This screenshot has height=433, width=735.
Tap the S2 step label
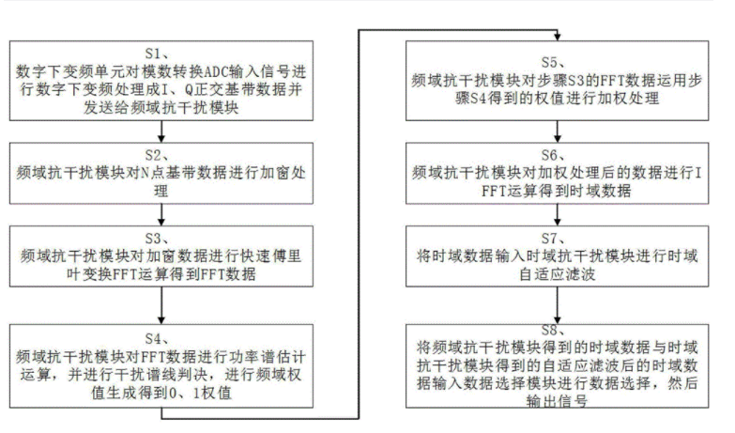pyautogui.click(x=163, y=155)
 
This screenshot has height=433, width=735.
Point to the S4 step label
pyautogui.click(x=163, y=338)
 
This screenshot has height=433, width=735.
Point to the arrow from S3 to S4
pyautogui.click(x=163, y=303)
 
